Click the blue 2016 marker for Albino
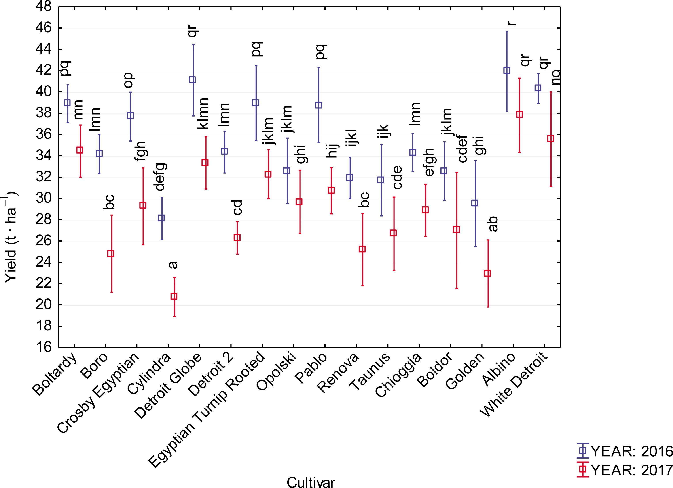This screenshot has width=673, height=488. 507,70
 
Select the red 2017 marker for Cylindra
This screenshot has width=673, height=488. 174,296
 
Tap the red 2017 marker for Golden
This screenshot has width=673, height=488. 487,273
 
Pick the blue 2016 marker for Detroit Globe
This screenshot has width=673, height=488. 192,80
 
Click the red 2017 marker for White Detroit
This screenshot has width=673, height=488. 550,138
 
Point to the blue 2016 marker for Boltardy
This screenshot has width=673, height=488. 67,103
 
